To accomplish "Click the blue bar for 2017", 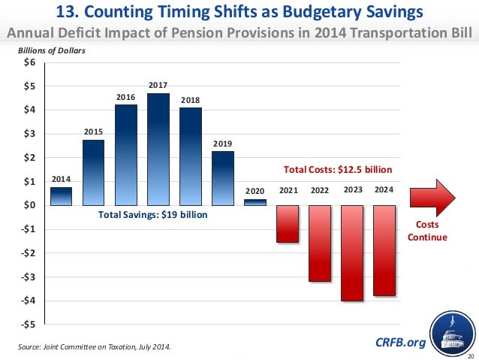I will [x=158, y=149].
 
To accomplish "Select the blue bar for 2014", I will [x=62, y=195].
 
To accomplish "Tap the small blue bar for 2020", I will [x=255, y=201].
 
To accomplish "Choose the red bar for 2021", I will [x=288, y=223].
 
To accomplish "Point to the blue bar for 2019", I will [x=223, y=178].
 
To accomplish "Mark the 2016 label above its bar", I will [x=126, y=97].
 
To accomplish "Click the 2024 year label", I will [x=384, y=190].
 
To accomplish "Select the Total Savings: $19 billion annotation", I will [x=152, y=215].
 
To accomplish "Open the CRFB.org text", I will [x=399, y=343].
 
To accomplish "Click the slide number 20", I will [x=470, y=355].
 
